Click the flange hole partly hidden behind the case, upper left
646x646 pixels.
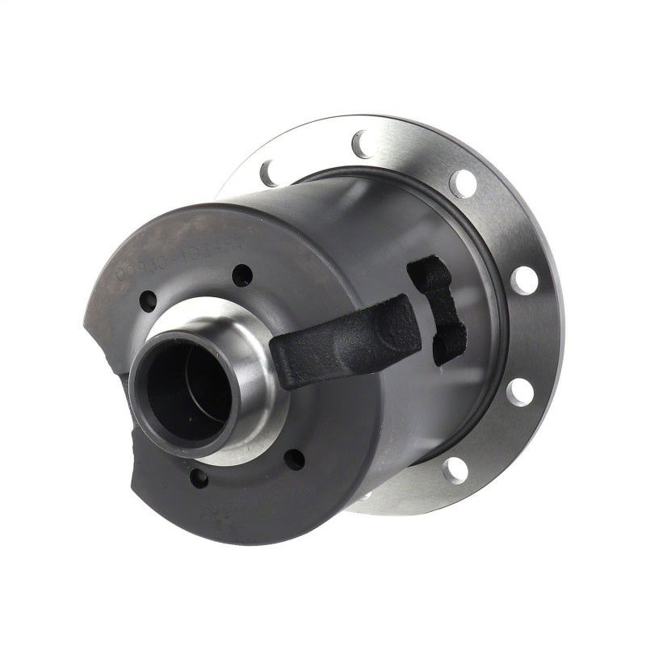pyautogui.click(x=265, y=171)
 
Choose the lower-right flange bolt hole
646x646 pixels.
pyautogui.click(x=456, y=467)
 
